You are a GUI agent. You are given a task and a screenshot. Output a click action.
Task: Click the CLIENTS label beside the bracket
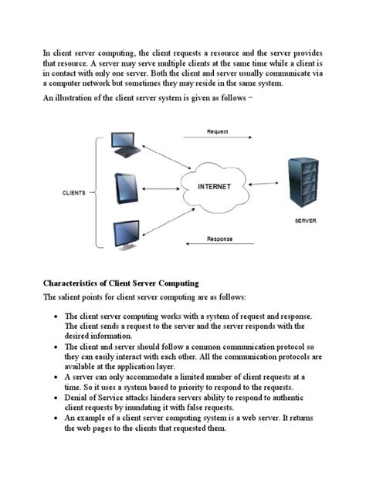pyautogui.click(x=73, y=192)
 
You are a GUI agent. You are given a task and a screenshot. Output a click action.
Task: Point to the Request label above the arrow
pyautogui.click(x=218, y=132)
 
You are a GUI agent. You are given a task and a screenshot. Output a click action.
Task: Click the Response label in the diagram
pyautogui.click(x=219, y=239)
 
